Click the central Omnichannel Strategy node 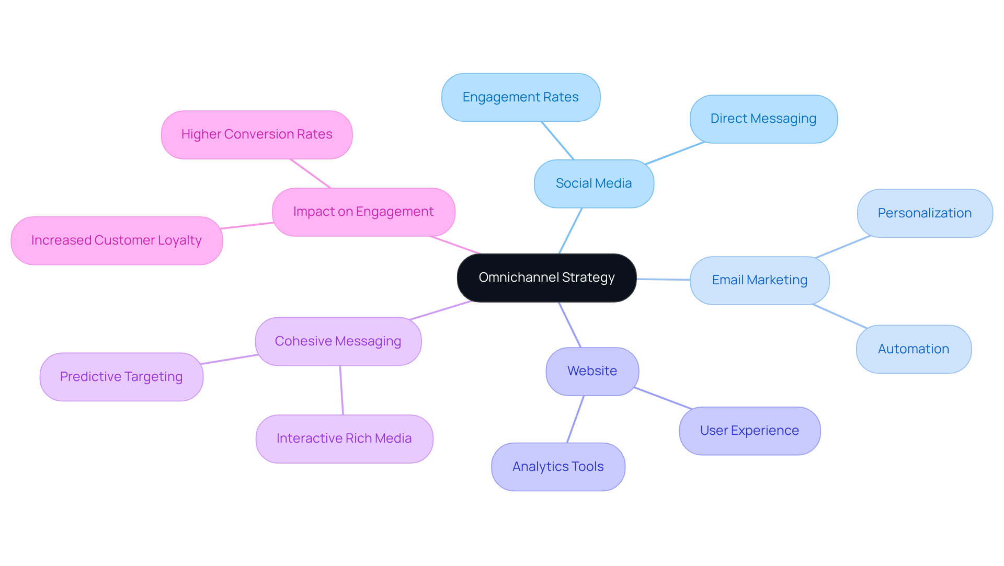546,278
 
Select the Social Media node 594,183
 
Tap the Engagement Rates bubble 520,97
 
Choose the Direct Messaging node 763,119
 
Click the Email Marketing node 759,280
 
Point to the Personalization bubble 924,213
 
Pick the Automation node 913,349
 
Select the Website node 592,371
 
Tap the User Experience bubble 749,431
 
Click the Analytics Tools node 558,467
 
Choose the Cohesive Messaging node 338,341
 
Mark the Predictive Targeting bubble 121,377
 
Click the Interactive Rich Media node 344,438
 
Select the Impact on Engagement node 363,212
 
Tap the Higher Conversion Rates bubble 256,134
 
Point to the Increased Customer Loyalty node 116,240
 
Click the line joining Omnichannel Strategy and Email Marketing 663,280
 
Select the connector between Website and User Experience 663,398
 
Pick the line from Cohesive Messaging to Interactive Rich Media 341,390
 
